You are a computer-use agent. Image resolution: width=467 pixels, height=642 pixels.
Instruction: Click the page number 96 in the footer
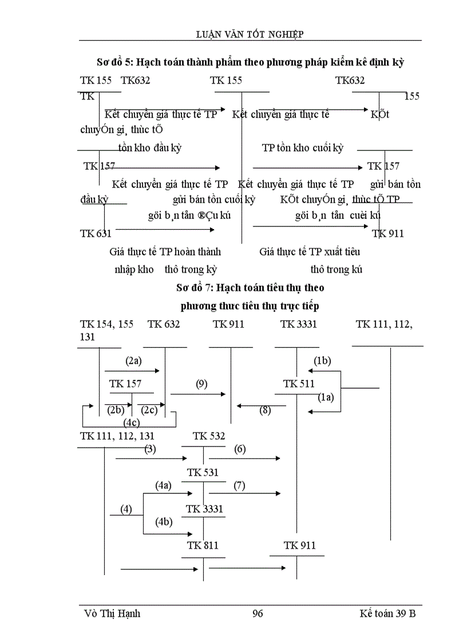pyautogui.click(x=257, y=613)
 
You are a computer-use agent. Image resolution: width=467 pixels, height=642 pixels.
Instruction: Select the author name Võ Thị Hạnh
pyautogui.click(x=112, y=613)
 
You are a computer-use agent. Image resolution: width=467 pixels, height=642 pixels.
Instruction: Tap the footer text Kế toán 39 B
pyautogui.click(x=388, y=613)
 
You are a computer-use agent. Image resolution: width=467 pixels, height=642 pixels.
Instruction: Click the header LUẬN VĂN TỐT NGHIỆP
pyautogui.click(x=250, y=34)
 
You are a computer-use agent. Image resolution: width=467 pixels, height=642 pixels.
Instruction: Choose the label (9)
pyautogui.click(x=201, y=384)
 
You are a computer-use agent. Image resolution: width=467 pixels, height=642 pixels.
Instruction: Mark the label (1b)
pyautogui.click(x=322, y=360)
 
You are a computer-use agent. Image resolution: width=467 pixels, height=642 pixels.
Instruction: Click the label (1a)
pyautogui.click(x=326, y=398)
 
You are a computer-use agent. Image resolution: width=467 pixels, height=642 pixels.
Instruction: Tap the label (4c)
pyautogui.click(x=132, y=422)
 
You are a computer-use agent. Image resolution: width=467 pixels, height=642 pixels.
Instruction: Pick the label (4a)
pyautogui.click(x=163, y=485)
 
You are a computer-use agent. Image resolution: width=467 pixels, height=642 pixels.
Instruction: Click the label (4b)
pyautogui.click(x=163, y=521)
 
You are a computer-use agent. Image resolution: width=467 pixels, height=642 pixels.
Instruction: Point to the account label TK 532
pyautogui.click(x=209, y=436)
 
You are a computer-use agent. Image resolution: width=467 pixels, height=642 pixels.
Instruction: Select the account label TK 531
pyautogui.click(x=203, y=473)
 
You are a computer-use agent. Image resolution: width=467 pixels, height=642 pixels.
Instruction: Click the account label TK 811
pyautogui.click(x=203, y=546)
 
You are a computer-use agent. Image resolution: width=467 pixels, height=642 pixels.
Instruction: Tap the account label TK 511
pyautogui.click(x=299, y=384)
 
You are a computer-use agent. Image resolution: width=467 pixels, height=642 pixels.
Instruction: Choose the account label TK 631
pyautogui.click(x=96, y=233)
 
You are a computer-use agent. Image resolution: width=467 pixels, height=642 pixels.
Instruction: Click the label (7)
pyautogui.click(x=239, y=485)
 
